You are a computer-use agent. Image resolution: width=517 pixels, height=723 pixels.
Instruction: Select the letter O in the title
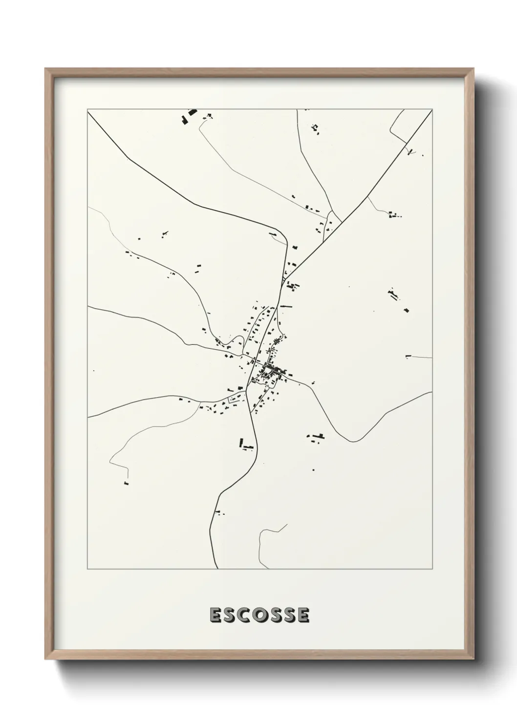[259, 615]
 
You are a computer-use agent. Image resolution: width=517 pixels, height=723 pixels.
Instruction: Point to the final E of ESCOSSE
[303, 615]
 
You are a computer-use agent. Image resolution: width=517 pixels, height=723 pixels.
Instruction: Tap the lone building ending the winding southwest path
[126, 483]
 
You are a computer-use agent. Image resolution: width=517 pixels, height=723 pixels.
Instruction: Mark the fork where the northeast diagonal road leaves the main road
[284, 279]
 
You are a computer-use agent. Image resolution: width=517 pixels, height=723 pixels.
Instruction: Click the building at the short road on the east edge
[408, 356]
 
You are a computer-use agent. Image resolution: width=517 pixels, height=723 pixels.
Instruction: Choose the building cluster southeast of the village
[317, 436]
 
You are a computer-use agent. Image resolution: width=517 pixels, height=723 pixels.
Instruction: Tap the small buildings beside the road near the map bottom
[219, 512]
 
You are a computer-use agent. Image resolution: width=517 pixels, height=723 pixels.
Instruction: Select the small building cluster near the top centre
[315, 128]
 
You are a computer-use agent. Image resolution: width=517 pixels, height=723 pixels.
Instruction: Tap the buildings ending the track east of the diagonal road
[394, 214]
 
